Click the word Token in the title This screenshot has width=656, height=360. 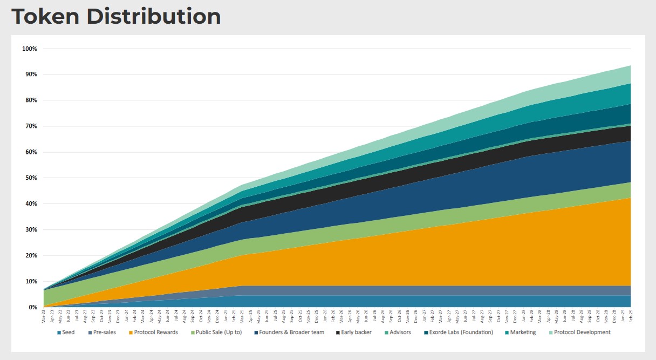tap(45, 16)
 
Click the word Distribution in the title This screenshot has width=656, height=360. tap(153, 16)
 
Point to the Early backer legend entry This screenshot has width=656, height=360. tap(354, 332)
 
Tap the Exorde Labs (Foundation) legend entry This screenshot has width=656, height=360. tap(456, 332)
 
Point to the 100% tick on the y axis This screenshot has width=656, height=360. tap(30, 49)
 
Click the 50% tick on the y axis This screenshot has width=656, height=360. tap(31, 178)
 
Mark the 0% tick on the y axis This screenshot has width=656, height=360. tap(32, 307)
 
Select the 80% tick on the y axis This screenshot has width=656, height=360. tap(31, 100)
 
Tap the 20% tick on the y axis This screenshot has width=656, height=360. tap(31, 255)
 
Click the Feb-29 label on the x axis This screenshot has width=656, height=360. tap(630, 316)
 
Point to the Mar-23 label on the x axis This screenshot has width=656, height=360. tap(44, 316)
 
